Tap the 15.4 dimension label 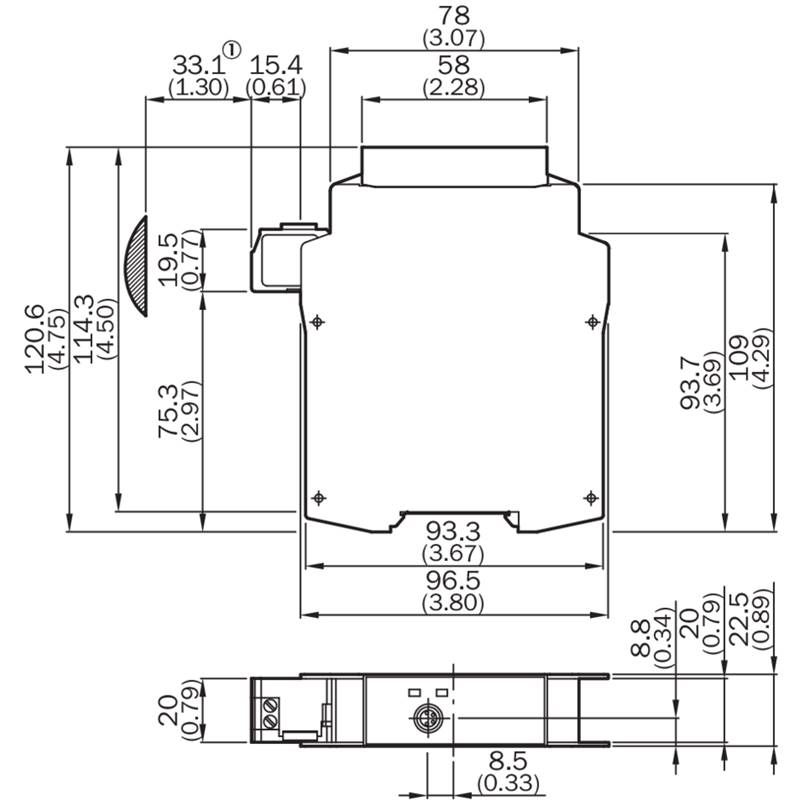tap(275, 65)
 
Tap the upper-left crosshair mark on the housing tap(317, 321)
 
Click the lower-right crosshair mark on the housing tap(590, 497)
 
